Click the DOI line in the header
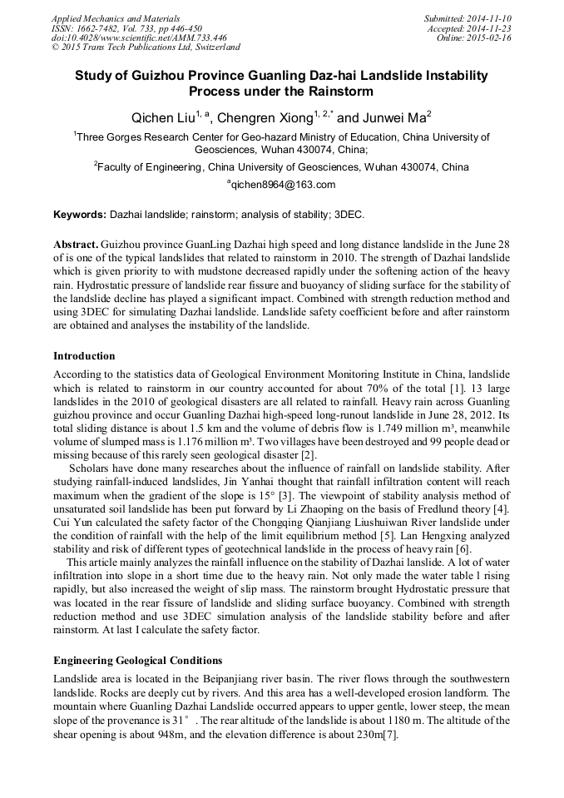point(139,38)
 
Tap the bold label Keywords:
point(80,215)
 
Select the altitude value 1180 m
point(433,720)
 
